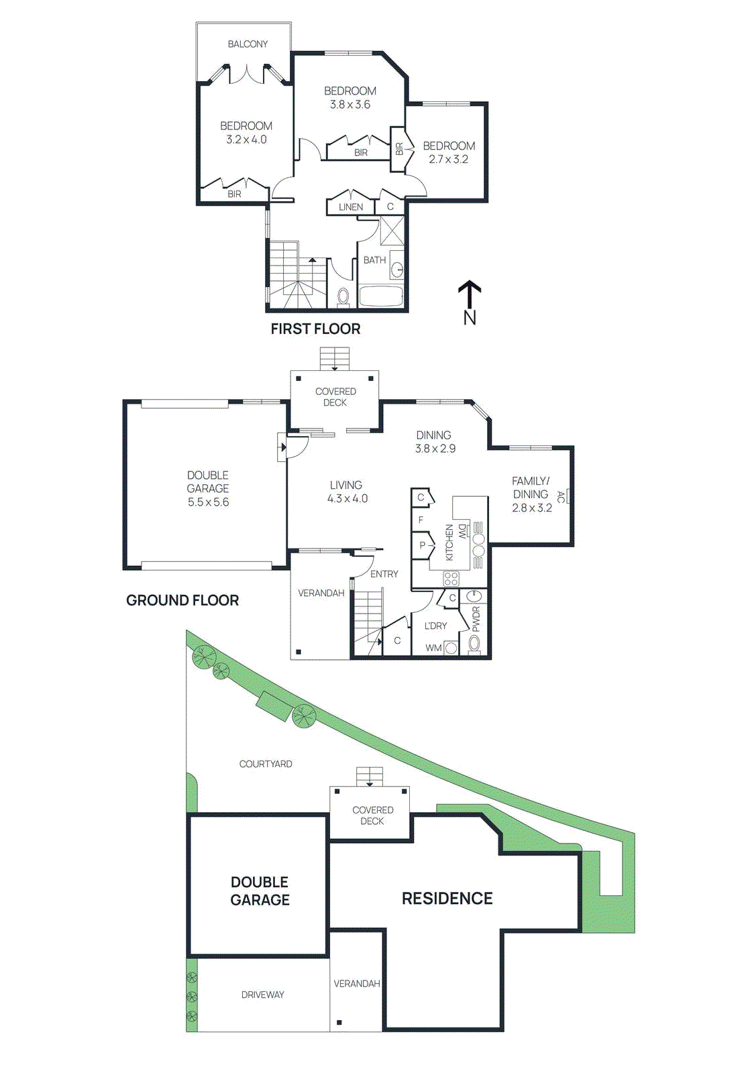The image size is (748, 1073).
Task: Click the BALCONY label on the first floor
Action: [x=248, y=44]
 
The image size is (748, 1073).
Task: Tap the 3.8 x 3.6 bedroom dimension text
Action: [x=350, y=105]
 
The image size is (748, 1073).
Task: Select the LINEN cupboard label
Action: [x=350, y=207]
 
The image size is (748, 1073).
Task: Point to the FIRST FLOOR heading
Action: [x=315, y=329]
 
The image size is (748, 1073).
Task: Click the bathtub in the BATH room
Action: [x=380, y=296]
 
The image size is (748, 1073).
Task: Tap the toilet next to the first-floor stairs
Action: [x=343, y=296]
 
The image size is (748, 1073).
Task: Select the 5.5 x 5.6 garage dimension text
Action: [x=208, y=502]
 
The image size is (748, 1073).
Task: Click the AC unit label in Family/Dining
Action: [x=562, y=497]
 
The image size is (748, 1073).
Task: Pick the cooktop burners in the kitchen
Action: [x=451, y=578]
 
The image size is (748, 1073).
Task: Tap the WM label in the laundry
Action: [x=433, y=648]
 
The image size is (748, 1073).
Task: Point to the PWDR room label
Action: [x=476, y=619]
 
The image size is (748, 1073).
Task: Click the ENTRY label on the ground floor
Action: [x=384, y=574]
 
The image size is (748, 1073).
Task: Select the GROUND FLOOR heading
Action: [x=182, y=600]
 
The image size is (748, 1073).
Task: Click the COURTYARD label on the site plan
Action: [x=266, y=764]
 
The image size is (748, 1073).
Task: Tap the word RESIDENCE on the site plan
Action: [x=447, y=899]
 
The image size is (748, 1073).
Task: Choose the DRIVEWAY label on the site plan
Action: [x=262, y=995]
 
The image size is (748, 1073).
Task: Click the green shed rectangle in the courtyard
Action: [x=274, y=705]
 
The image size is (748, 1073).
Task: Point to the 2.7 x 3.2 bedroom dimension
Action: [x=448, y=160]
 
